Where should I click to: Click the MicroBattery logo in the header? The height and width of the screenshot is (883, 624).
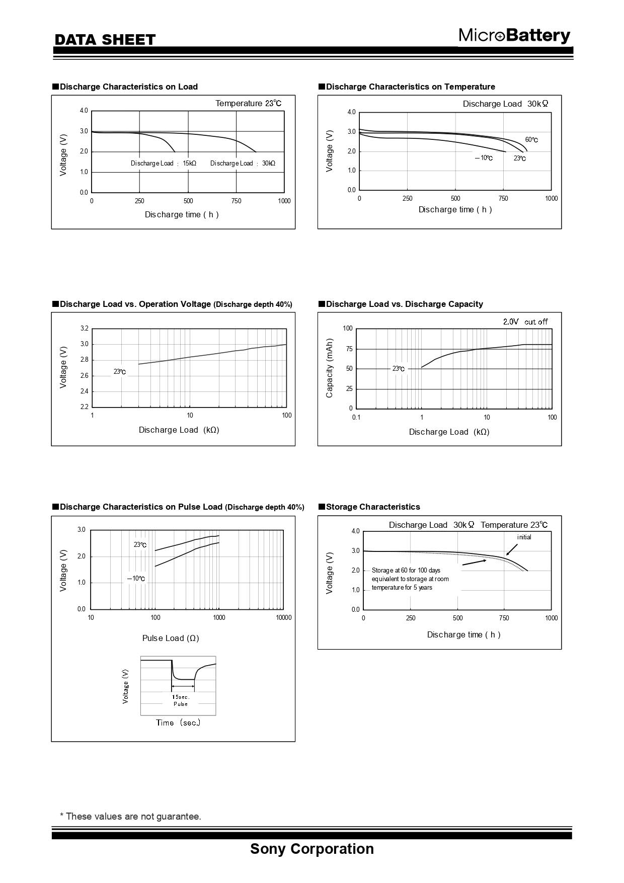(x=514, y=36)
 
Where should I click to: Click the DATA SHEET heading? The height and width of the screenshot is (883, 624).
(x=105, y=40)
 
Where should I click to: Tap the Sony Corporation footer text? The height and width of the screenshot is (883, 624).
(x=312, y=848)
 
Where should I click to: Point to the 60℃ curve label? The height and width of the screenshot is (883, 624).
(x=531, y=140)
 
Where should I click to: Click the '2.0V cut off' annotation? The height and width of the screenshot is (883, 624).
(x=525, y=322)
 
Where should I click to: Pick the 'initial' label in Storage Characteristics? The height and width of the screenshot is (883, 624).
(x=524, y=537)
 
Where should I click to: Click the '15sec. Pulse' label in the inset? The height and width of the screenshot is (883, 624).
(x=181, y=700)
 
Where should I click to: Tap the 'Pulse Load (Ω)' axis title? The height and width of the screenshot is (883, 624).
(x=171, y=638)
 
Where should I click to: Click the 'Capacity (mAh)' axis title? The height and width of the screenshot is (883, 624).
(x=330, y=368)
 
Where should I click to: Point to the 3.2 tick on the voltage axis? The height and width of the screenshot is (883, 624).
(x=84, y=329)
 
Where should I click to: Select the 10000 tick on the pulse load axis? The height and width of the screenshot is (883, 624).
(x=283, y=618)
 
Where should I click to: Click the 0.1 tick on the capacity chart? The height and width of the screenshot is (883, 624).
(x=356, y=417)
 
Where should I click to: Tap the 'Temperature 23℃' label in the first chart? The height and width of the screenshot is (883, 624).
(x=248, y=103)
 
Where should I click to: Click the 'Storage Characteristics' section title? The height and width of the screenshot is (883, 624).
(x=372, y=507)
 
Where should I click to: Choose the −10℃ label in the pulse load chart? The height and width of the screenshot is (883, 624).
(x=136, y=579)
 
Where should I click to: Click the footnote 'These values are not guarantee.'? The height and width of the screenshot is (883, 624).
(x=131, y=816)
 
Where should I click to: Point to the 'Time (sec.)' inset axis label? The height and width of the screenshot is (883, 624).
(x=178, y=723)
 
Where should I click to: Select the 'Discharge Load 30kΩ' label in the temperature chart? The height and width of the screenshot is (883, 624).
(x=505, y=104)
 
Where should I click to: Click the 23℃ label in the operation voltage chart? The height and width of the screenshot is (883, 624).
(x=119, y=372)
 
